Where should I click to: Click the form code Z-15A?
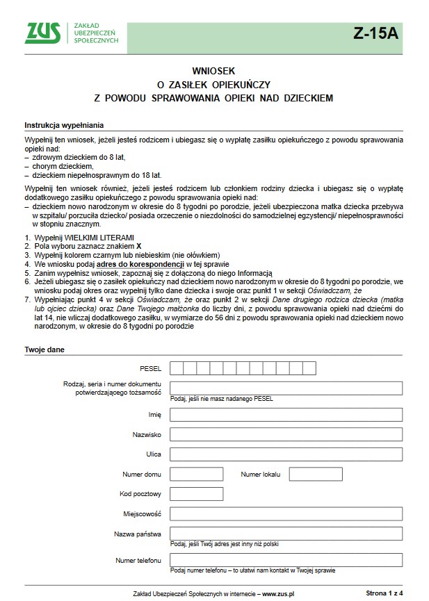click(375, 33)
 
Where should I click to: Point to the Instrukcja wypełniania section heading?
click(64, 126)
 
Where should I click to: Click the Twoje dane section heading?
click(44, 349)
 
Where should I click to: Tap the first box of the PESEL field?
click(176, 368)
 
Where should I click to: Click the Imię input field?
click(286, 414)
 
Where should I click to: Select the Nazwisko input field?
click(286, 434)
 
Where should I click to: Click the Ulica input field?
click(286, 454)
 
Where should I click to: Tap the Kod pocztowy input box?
click(196, 494)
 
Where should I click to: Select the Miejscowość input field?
click(286, 514)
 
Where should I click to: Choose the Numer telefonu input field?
click(286, 560)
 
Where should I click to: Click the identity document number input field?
click(286, 388)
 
